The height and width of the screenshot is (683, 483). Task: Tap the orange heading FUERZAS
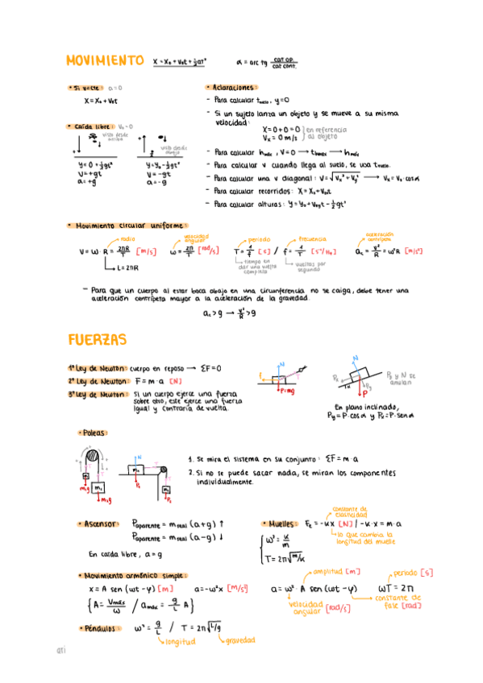pos(97,341)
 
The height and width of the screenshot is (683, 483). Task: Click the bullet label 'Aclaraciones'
pos(232,87)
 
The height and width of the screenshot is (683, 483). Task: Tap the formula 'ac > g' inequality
pos(229,314)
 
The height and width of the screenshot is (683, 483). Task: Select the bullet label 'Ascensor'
pos(102,524)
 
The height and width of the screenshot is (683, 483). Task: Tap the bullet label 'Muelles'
pos(282,524)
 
